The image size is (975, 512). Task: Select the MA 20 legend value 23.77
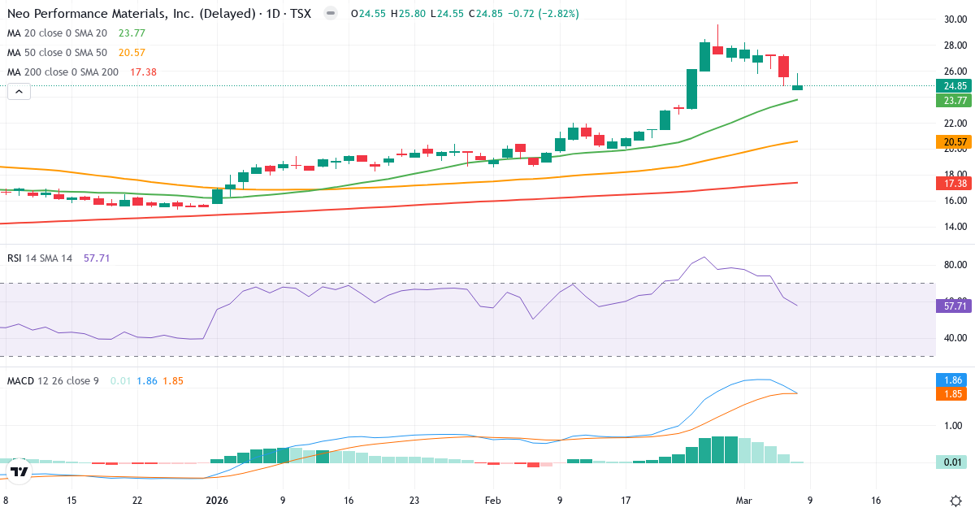point(132,33)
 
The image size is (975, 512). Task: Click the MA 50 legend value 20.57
point(132,53)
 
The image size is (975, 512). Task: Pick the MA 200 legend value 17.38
point(142,72)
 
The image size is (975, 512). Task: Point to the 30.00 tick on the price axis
point(954,20)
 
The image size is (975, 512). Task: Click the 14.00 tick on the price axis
point(954,227)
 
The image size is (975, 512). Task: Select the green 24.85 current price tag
point(954,86)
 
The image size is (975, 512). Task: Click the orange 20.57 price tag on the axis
point(954,142)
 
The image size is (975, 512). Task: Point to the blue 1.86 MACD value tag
point(954,380)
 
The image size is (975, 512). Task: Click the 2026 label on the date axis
point(218,501)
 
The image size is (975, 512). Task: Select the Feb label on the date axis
point(493,501)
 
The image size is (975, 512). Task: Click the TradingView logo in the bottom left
point(19,471)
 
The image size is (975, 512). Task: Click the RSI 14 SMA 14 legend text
point(40,258)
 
